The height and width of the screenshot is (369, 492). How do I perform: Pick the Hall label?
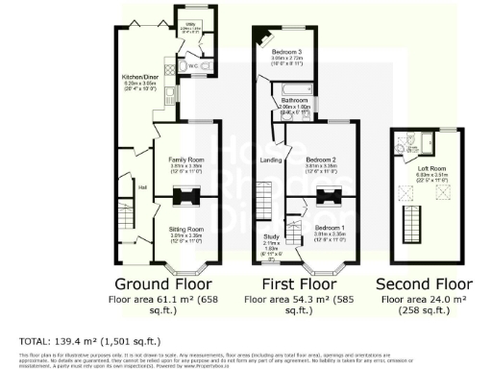coord(141,187)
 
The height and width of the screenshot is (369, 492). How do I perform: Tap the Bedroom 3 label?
coord(286,50)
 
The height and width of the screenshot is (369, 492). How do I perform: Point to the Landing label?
coord(271,160)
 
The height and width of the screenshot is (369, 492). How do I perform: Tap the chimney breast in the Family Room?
coord(184,198)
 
